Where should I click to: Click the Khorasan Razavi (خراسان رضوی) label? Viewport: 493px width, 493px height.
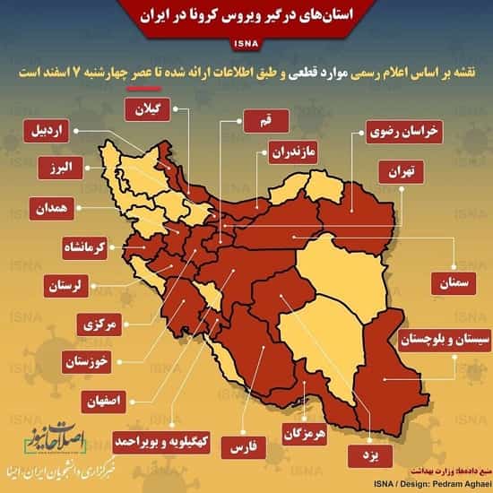[x=403, y=132]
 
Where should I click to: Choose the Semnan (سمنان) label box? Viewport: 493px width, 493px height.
[x=454, y=281]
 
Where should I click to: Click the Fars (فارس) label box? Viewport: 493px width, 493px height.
[x=240, y=445]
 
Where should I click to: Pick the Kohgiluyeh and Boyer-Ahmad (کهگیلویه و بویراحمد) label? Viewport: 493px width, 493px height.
[x=159, y=441]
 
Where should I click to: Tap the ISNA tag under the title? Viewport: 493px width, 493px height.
[x=246, y=42]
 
